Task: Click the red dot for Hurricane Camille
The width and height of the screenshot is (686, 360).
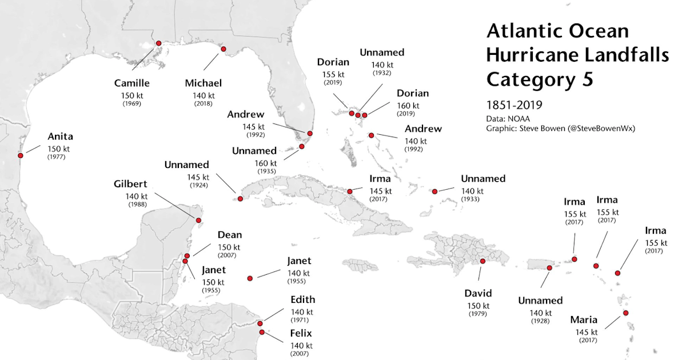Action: pyautogui.click(x=158, y=43)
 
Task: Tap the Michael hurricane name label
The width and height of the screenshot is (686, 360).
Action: pyautogui.click(x=203, y=83)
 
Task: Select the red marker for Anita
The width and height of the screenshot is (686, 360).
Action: pyautogui.click(x=21, y=155)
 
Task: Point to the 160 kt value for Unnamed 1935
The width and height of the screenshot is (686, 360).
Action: pyautogui.click(x=265, y=163)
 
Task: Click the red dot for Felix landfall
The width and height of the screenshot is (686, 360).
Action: pyautogui.click(x=262, y=332)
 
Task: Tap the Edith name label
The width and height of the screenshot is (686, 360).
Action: pyautogui.click(x=302, y=299)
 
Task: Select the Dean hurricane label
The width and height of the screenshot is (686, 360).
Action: pyautogui.click(x=229, y=235)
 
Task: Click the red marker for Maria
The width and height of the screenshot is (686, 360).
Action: pyautogui.click(x=626, y=313)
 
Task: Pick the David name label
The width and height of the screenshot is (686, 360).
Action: pyautogui.click(x=478, y=293)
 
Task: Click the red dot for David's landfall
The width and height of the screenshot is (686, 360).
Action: pyautogui.click(x=483, y=261)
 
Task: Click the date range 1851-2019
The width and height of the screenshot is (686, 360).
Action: pyautogui.click(x=514, y=105)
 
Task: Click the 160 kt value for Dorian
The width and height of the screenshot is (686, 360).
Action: pyautogui.click(x=408, y=106)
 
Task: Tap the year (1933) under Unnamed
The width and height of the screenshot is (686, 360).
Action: pyautogui.click(x=472, y=199)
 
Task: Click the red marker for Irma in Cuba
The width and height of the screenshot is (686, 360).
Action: pyautogui.click(x=350, y=191)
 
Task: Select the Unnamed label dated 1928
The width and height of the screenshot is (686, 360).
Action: pyautogui.click(x=540, y=301)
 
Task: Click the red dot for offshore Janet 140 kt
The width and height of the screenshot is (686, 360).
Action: pyautogui.click(x=250, y=278)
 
